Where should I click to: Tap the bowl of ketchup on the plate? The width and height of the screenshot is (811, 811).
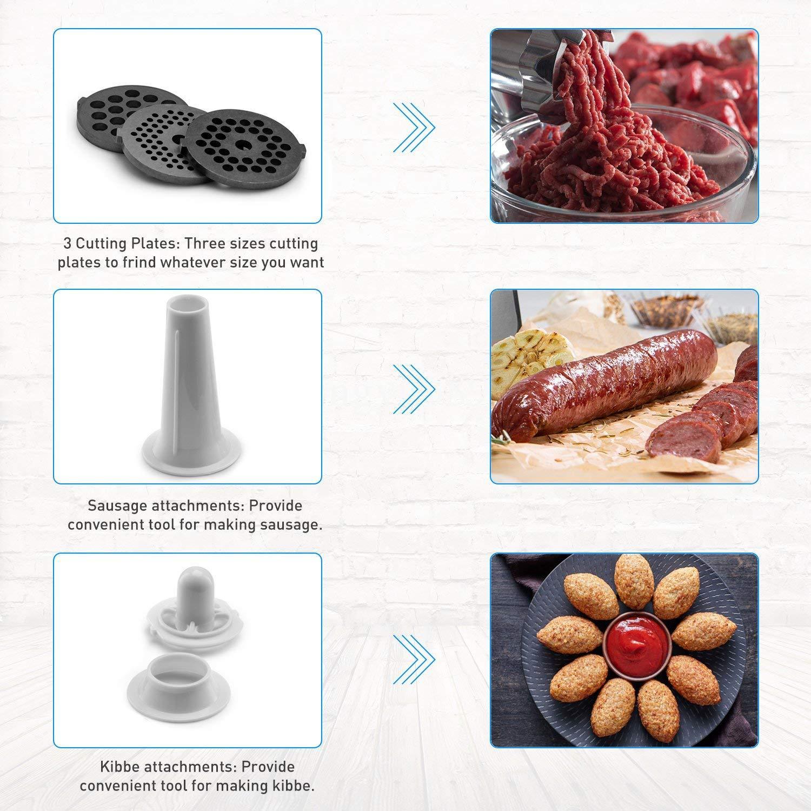[637, 641]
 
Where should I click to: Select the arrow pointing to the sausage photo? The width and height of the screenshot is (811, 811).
[414, 389]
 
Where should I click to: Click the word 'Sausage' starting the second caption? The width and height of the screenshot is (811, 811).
[117, 507]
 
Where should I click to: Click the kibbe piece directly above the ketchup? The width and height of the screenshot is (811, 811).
[634, 581]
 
